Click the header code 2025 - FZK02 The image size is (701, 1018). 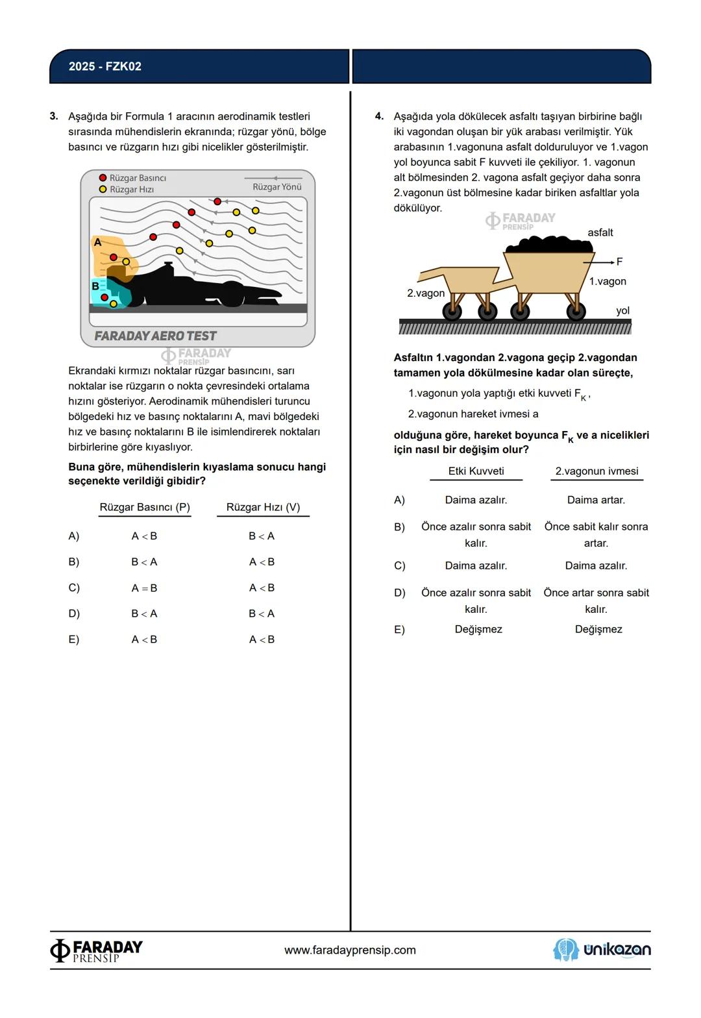tap(105, 66)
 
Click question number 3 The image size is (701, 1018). tap(54, 116)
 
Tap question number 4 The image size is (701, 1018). tap(379, 116)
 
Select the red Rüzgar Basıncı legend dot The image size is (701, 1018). tap(103, 178)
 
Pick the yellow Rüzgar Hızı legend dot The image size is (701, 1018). tap(103, 190)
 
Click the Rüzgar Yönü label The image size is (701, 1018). tap(277, 187)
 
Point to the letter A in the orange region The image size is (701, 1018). tap(98, 243)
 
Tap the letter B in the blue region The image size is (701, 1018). tap(95, 286)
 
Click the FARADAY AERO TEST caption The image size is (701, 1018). tap(156, 336)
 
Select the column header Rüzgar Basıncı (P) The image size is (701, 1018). tap(145, 507)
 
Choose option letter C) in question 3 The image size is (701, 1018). tap(74, 588)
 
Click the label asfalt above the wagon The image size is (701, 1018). tap(600, 232)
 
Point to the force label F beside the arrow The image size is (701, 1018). tap(619, 262)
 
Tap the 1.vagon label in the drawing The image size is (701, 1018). tap(608, 281)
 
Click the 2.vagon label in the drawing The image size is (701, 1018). tap(426, 293)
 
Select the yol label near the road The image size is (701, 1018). tap(622, 310)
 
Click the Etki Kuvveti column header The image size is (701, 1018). tap(476, 471)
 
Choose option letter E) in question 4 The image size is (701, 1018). tap(399, 630)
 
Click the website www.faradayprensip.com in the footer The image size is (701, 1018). tap(350, 950)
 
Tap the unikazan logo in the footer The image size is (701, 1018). tap(602, 950)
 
